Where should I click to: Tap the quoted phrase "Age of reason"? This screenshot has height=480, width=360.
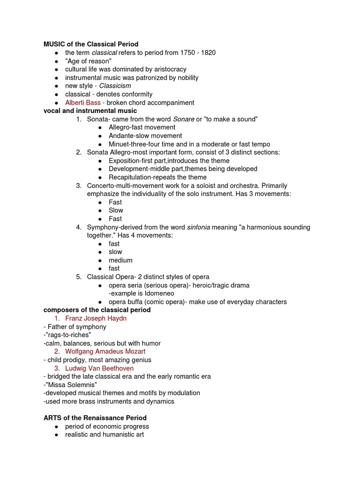[x=88, y=61]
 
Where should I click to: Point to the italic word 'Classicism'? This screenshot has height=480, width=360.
[x=115, y=86]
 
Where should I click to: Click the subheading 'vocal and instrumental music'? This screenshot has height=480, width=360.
[x=90, y=111]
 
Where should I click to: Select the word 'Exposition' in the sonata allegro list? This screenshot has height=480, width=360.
[x=124, y=161]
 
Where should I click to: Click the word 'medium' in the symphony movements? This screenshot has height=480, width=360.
[x=120, y=260]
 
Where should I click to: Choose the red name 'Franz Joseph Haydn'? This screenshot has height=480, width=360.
[x=96, y=318]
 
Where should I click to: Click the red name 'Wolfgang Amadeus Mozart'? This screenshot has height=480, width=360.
[x=105, y=351]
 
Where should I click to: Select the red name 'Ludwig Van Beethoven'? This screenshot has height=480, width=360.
[x=99, y=368]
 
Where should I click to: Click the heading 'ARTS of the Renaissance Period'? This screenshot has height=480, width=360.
[x=95, y=418]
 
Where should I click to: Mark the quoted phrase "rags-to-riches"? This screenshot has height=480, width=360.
[x=67, y=335]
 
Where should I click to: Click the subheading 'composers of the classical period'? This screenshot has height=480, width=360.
[x=97, y=310]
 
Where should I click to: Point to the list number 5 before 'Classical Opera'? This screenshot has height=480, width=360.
[x=79, y=277]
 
